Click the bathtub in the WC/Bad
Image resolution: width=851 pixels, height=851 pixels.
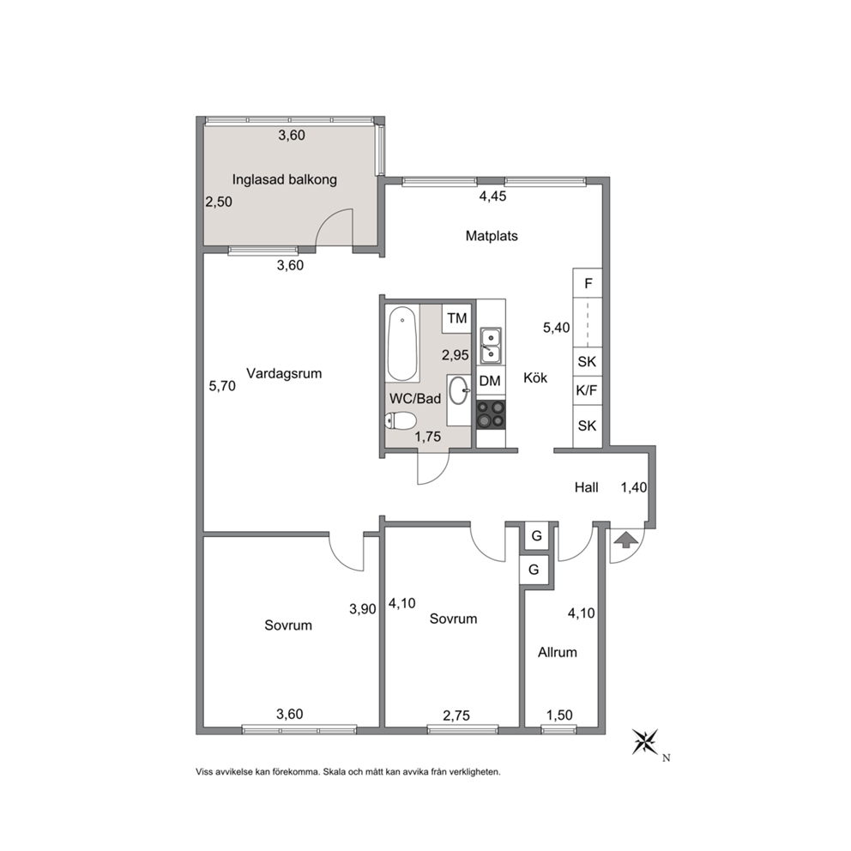[402, 344]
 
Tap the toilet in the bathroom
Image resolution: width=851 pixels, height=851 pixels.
[400, 421]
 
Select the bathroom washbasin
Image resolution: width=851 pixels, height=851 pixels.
[459, 390]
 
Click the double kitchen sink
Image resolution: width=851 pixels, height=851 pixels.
[491, 346]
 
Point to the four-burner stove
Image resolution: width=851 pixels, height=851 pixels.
[491, 414]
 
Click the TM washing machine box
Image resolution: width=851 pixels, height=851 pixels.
[457, 318]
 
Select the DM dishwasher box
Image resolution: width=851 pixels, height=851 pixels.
[490, 381]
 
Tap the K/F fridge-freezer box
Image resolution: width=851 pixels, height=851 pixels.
[588, 390]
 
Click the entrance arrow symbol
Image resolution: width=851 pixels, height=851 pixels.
[625, 540]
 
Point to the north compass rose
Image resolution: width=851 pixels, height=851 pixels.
[645, 742]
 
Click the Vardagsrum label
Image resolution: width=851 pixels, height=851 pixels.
[284, 373]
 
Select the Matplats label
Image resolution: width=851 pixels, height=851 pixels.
[492, 236]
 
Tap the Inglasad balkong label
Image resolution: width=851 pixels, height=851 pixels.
[285, 179]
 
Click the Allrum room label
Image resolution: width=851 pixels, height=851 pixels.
[558, 652]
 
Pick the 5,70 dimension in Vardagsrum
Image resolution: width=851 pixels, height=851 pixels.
[222, 386]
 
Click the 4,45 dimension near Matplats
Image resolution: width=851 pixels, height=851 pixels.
[492, 196]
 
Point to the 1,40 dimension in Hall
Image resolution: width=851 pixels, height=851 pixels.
[634, 487]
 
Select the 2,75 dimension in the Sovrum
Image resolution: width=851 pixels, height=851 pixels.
[456, 715]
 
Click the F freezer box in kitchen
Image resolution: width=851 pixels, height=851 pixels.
[588, 283]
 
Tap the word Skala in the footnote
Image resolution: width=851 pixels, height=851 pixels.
[335, 772]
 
